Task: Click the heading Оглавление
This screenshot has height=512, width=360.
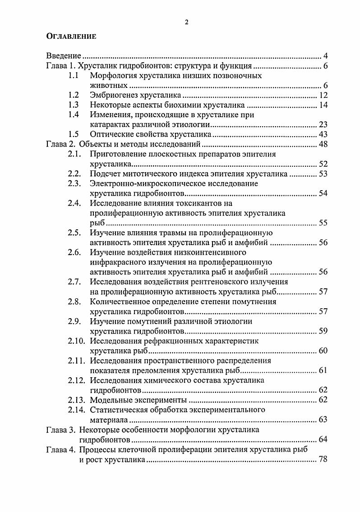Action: (71, 37)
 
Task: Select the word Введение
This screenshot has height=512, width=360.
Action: (64, 56)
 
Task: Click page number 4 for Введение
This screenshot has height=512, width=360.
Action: (326, 56)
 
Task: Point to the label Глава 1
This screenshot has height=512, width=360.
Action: (61, 66)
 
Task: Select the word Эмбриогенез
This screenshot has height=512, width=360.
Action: (114, 95)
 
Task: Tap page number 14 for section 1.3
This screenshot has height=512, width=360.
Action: (323, 105)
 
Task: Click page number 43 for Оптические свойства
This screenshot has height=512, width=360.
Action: (323, 134)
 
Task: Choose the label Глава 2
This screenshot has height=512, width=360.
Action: (61, 144)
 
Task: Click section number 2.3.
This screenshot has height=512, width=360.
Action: (74, 183)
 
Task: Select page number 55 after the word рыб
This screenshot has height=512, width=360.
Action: (323, 223)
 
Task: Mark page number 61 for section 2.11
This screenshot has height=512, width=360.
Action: (323, 370)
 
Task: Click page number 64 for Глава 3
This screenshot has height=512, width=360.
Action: (323, 439)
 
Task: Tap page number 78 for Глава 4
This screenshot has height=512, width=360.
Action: (323, 459)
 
